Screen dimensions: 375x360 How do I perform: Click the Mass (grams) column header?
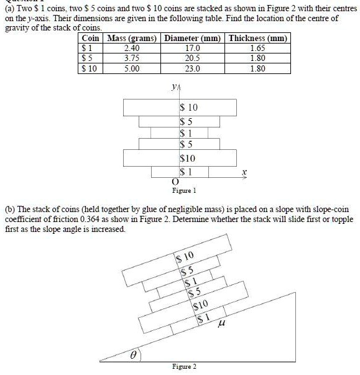point(132,39)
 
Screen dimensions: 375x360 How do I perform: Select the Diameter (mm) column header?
point(194,39)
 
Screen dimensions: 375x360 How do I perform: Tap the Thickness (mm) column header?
point(257,39)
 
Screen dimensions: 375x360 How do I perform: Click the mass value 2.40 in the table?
point(132,47)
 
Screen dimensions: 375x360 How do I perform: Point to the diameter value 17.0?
point(194,47)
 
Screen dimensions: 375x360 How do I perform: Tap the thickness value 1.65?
point(257,47)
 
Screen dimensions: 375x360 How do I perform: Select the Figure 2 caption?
point(185,366)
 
